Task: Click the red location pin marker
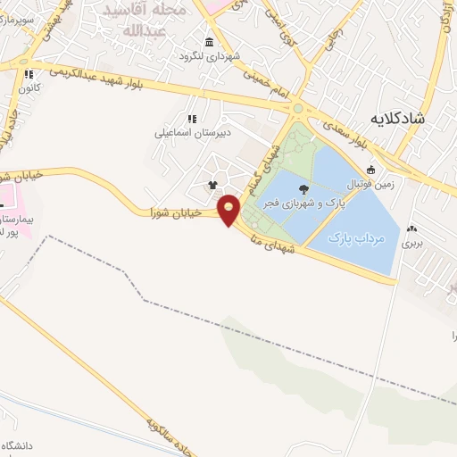click(229, 209)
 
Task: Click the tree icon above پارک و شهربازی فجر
click(303, 188)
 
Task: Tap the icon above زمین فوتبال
click(371, 170)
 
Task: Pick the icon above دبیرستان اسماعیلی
click(191, 118)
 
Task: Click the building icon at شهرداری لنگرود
click(209, 43)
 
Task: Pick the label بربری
click(411, 242)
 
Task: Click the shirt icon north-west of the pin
click(212, 186)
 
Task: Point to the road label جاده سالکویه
click(161, 428)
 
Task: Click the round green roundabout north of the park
click(297, 109)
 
